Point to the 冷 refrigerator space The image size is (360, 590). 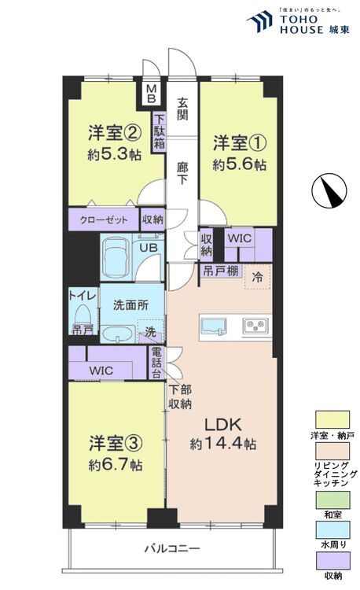pyautogui.click(x=257, y=276)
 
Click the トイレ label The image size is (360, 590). pyautogui.click(x=83, y=295)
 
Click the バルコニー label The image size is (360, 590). pyautogui.click(x=171, y=548)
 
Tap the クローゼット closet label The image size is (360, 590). pyautogui.click(x=104, y=219)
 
